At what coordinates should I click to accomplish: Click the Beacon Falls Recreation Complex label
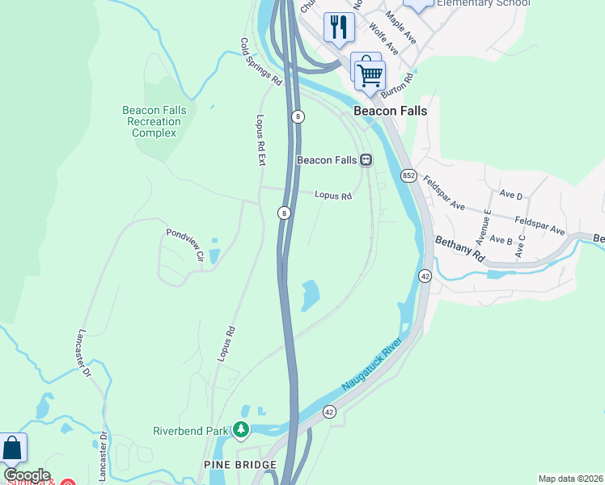coord(154,121)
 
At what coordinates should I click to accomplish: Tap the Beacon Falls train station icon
coord(366,160)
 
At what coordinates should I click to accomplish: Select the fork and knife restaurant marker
coord(338,27)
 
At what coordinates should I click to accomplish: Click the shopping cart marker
coord(370,75)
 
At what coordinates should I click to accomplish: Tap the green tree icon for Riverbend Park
coord(241,430)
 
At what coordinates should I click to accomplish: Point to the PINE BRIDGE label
coord(240,465)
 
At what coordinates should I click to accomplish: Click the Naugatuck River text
coord(371,366)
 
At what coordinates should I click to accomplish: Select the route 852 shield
coord(407,175)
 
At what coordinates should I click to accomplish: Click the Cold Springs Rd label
coord(260,61)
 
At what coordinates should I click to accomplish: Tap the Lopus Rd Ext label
coord(260,139)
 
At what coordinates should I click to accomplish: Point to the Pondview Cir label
coord(184,243)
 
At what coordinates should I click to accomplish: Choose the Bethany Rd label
coord(459,248)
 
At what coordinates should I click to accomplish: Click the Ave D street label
coord(511,195)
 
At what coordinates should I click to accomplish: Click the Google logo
coord(27,475)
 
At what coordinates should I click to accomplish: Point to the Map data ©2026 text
coord(570,479)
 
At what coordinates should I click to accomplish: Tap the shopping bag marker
coord(12,448)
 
